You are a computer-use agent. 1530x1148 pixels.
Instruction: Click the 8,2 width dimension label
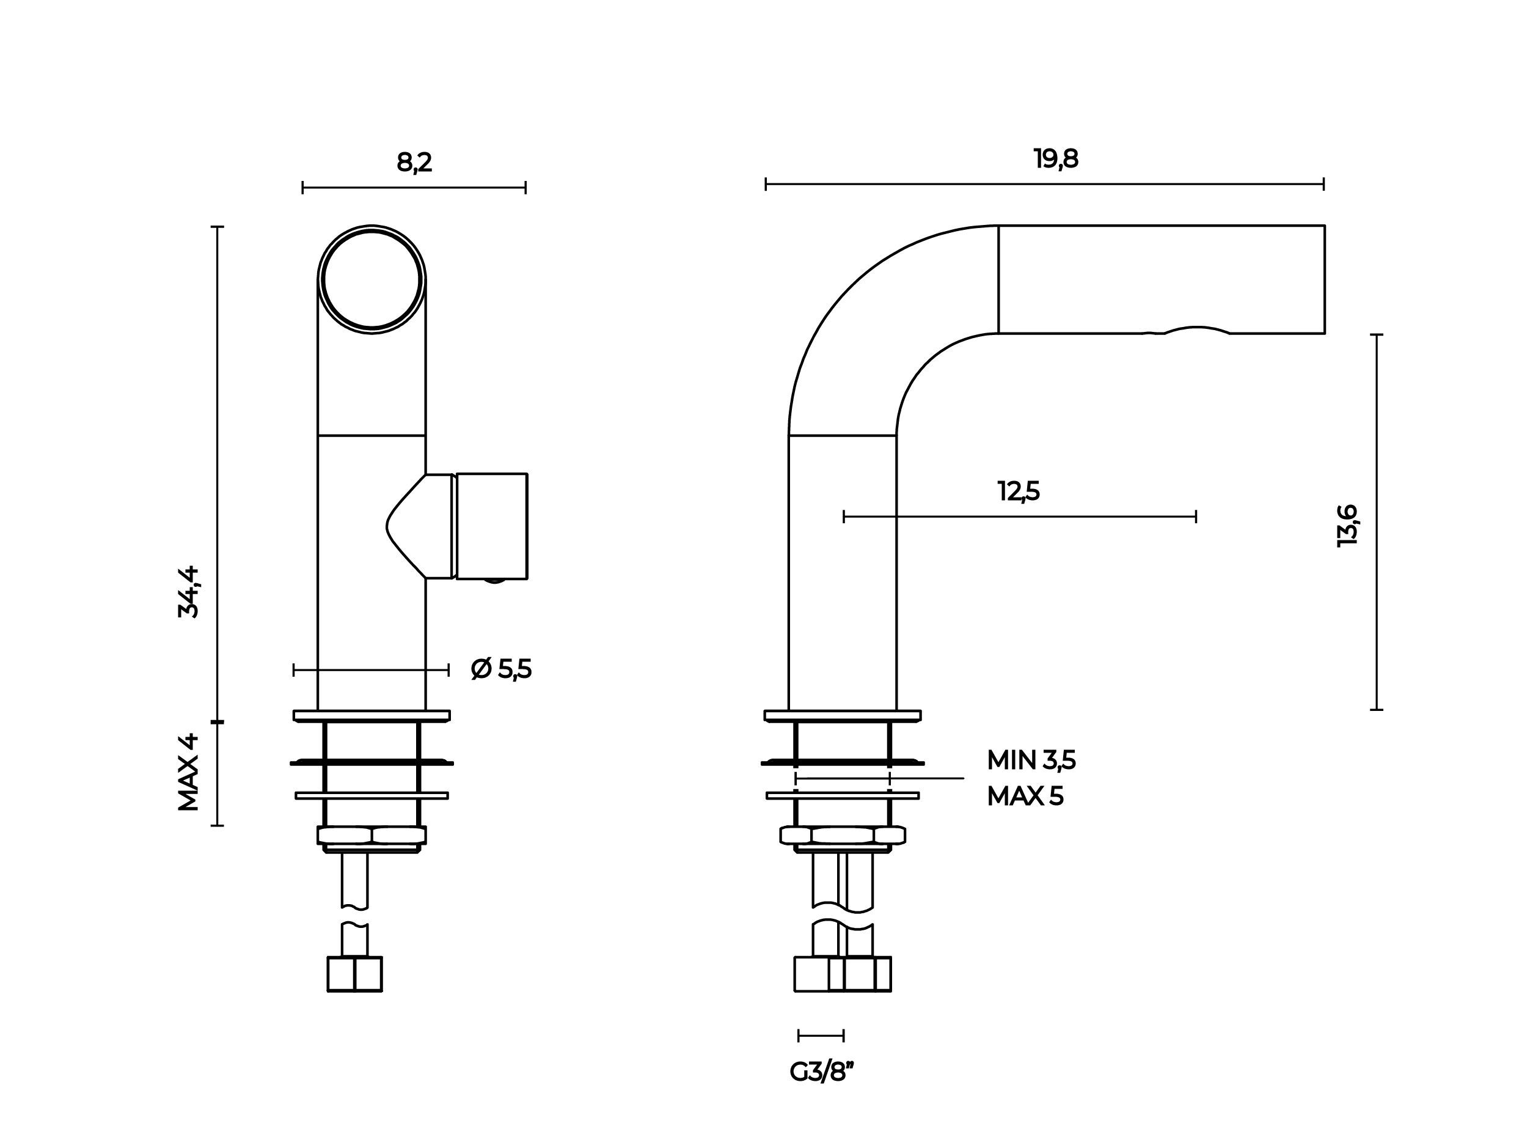[414, 163]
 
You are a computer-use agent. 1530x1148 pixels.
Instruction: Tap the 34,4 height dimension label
[188, 592]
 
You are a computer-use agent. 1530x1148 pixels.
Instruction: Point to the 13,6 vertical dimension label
[1347, 526]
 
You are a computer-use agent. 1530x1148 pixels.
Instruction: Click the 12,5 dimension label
[1019, 491]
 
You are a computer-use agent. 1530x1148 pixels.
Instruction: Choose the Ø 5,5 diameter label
[501, 669]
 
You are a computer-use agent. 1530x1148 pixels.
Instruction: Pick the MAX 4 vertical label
[188, 773]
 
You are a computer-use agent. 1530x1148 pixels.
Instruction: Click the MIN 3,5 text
[1031, 760]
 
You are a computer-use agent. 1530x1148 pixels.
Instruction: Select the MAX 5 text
[1025, 797]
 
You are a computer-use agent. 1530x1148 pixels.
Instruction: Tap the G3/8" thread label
[822, 1072]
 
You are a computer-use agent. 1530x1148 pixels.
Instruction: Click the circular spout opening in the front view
[372, 279]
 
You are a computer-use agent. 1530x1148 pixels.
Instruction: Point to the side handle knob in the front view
[491, 526]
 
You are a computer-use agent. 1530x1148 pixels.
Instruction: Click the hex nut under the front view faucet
[372, 835]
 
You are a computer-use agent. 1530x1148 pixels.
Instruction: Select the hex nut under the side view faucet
[843, 835]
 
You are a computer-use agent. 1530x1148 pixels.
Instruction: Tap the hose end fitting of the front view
[354, 974]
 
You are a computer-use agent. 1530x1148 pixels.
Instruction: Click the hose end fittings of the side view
[843, 974]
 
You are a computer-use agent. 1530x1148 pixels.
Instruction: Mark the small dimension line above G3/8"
[821, 1036]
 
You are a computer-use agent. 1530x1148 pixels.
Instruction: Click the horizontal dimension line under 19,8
[1044, 184]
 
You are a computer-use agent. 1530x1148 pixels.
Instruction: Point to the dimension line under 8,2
[414, 188]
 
